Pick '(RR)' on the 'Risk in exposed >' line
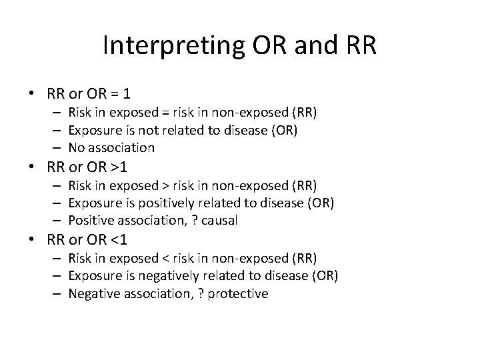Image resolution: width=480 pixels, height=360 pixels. (303, 185)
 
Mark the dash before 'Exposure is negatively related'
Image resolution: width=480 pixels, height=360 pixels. (58, 275)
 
